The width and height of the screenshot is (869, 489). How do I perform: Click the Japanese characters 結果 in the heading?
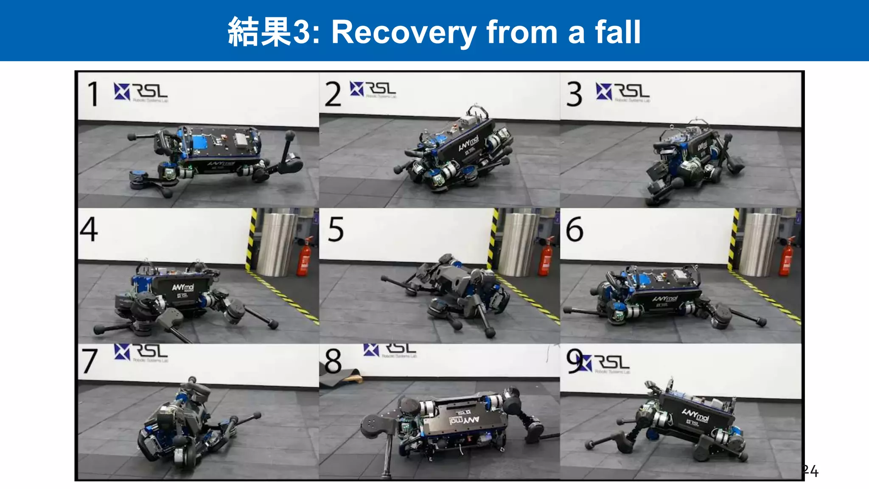(260, 33)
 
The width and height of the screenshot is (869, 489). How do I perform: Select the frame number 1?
(93, 94)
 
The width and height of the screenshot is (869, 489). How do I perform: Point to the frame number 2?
(333, 94)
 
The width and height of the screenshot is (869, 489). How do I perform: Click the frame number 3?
(575, 94)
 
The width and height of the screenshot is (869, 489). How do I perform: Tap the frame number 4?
(89, 229)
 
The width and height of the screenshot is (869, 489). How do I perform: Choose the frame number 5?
(336, 229)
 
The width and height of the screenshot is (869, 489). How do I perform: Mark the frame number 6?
(575, 229)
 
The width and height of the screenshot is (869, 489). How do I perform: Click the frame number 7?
(90, 361)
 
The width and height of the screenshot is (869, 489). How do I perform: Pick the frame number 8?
(333, 361)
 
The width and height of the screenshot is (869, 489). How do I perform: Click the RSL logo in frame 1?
(141, 92)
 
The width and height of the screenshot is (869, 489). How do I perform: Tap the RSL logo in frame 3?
(622, 92)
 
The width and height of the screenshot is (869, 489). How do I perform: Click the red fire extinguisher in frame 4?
(304, 258)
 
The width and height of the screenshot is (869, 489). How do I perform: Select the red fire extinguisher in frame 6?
(786, 258)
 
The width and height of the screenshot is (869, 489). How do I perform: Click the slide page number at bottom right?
(810, 471)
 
